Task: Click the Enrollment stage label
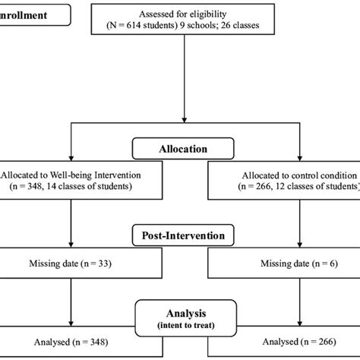pyautogui.click(x=34, y=14)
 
